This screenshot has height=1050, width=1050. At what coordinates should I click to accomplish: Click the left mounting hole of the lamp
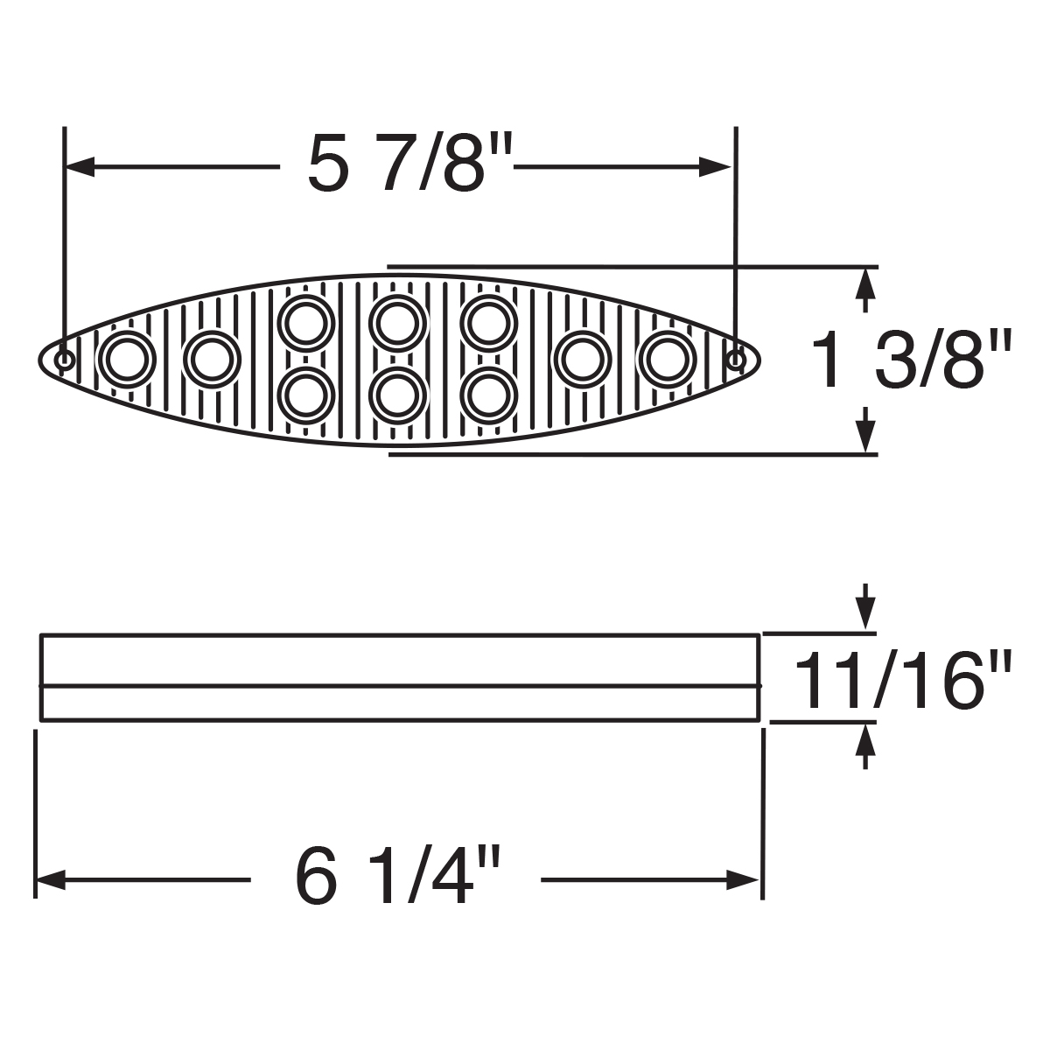coord(64,360)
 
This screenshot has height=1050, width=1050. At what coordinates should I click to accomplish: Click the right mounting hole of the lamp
coord(738,359)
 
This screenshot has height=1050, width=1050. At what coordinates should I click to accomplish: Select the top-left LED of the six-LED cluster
coord(307,323)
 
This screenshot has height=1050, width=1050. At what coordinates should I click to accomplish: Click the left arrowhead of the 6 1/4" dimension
coord(48,878)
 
